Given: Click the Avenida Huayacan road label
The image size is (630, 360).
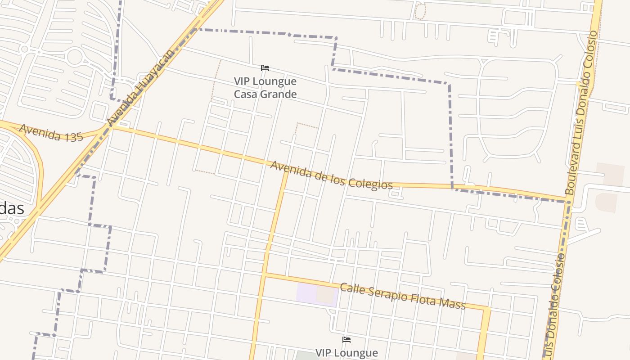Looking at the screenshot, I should (x=140, y=88).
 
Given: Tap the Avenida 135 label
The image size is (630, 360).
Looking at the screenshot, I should (x=51, y=133).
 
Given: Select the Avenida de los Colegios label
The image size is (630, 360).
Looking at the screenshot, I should (x=331, y=175).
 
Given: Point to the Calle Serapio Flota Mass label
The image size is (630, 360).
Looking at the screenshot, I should (x=402, y=296).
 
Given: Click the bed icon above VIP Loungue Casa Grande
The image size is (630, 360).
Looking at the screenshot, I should (x=265, y=68).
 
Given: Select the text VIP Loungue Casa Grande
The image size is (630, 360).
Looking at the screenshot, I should (x=265, y=88).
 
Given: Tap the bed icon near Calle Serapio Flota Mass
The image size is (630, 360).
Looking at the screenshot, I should (x=346, y=339).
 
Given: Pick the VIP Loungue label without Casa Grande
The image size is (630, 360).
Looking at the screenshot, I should (x=346, y=353).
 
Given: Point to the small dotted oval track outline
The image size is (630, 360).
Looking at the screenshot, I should (x=419, y=11).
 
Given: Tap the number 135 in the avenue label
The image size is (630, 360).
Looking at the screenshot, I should (x=73, y=136).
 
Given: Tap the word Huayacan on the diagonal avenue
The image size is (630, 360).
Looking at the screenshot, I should (x=153, y=72).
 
